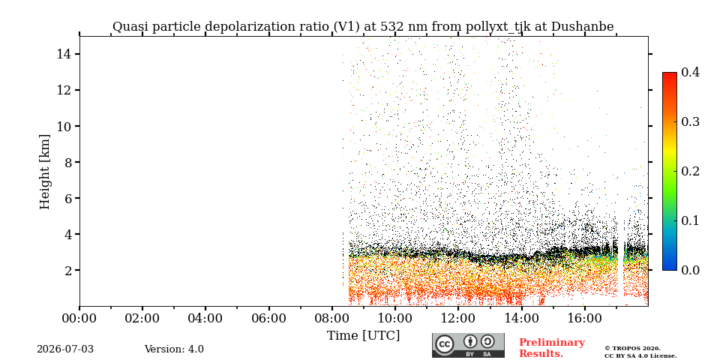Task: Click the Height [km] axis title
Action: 44,172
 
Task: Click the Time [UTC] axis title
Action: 363,336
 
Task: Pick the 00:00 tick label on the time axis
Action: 80,318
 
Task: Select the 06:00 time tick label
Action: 268,318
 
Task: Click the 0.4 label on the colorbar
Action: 690,72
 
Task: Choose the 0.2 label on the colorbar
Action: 690,171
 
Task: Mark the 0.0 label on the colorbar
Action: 690,270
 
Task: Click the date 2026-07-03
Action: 65,349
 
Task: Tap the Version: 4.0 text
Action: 174,349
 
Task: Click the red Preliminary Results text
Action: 552,348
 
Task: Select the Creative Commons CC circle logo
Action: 445,345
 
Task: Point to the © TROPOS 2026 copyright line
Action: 632,349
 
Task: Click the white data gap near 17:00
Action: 620,266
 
